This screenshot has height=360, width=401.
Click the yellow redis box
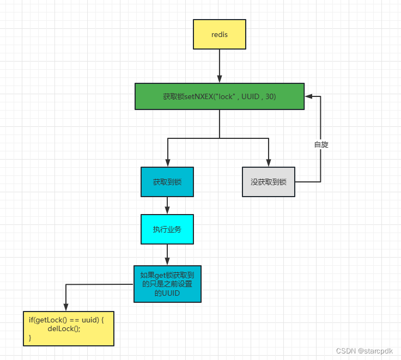(220, 34)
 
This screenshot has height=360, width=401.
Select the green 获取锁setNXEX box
(220, 96)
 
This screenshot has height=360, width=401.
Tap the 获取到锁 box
(167, 182)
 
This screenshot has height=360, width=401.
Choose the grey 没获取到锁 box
(269, 182)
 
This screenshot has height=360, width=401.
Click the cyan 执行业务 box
(167, 229)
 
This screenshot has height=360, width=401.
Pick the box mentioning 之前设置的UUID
(167, 284)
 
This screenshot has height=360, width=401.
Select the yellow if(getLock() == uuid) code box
(69, 329)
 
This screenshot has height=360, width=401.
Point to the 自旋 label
(321, 145)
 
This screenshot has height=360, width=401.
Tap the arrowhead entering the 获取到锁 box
(167, 162)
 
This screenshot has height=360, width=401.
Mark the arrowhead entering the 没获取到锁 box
(269, 162)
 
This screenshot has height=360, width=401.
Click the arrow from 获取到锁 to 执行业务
(167, 205)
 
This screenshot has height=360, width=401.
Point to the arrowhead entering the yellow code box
(65, 307)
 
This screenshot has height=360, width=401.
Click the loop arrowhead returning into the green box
(308, 96)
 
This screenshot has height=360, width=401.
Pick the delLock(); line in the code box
(64, 329)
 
